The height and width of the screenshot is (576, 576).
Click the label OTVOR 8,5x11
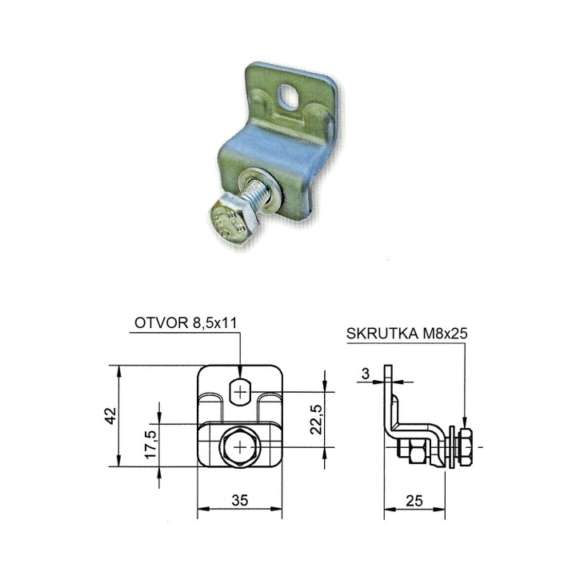click(186, 322)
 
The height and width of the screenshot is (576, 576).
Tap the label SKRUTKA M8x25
click(406, 333)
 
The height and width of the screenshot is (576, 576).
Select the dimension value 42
click(110, 416)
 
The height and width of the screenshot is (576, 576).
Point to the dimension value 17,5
click(150, 444)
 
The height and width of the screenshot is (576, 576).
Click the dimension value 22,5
click(316, 419)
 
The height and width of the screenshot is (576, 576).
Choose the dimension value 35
click(239, 500)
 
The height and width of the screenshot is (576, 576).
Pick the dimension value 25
click(414, 500)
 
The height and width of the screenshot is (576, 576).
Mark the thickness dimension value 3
click(365, 374)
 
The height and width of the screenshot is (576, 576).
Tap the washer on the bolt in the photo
click(257, 191)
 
